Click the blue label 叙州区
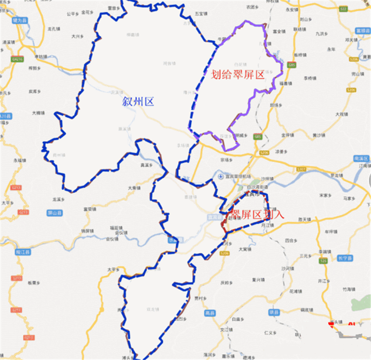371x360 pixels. [x=138, y=102]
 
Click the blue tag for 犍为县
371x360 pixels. [x=20, y=20]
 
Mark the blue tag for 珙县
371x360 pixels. [x=275, y=314]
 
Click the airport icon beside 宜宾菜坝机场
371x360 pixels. [x=220, y=177]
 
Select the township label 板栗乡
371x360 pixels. [x=34, y=282]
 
